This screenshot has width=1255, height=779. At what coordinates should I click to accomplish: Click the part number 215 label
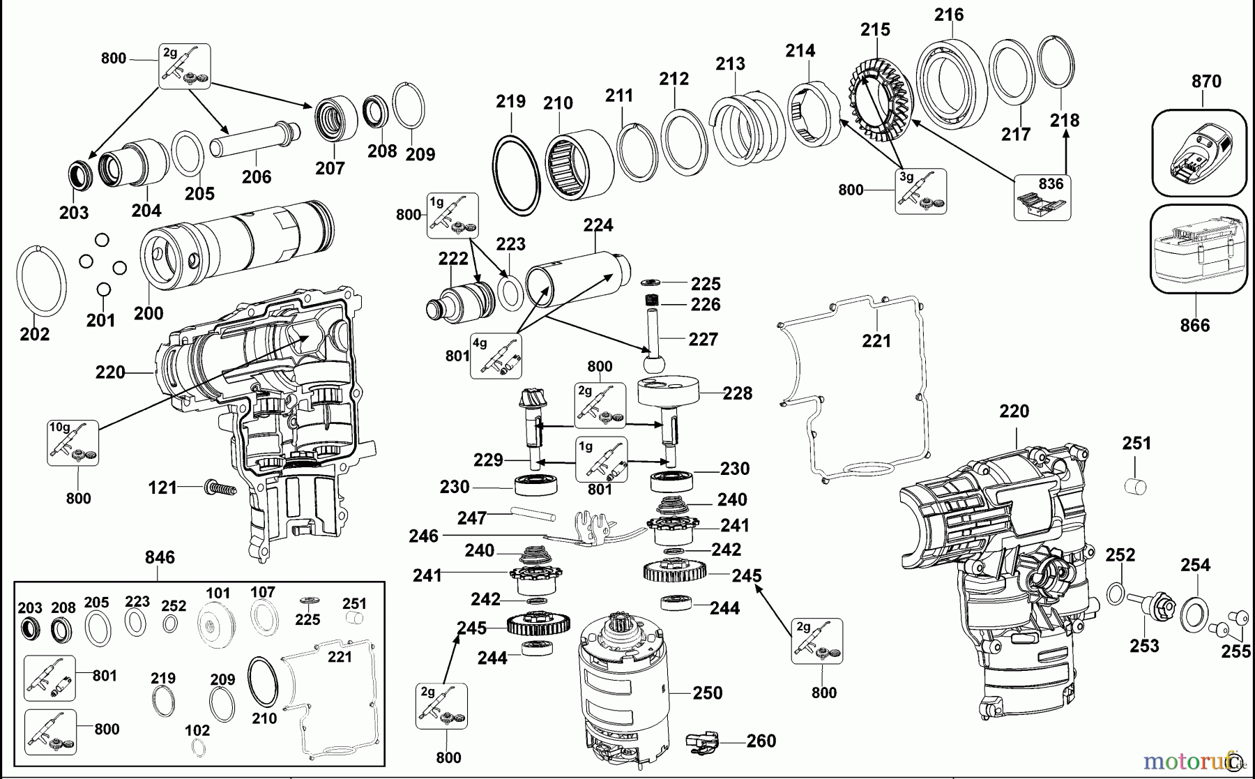pos(875,30)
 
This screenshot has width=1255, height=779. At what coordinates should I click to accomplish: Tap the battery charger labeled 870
pos(1198,153)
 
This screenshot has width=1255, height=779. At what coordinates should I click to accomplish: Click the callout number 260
pos(761,741)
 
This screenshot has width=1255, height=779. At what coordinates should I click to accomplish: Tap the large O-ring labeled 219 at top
pos(517,175)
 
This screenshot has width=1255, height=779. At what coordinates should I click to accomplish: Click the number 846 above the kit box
pos(160,557)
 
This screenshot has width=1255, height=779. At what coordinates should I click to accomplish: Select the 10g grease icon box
pos(73,443)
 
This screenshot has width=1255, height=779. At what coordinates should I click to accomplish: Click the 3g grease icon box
pos(921,190)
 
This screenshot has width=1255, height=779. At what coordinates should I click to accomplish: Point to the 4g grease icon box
pos(496,356)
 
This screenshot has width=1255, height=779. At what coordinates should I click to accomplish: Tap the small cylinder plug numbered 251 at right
pos(1136,485)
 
